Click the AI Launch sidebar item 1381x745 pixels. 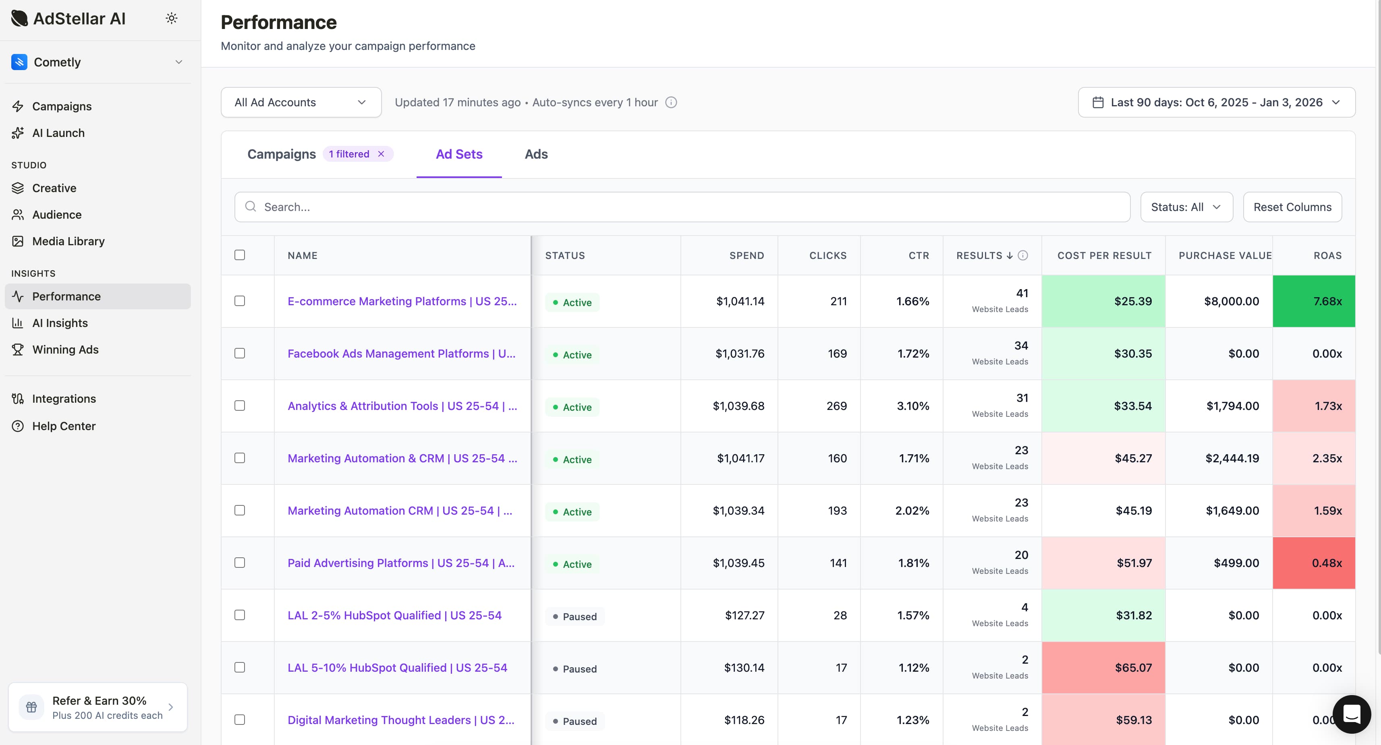pos(58,133)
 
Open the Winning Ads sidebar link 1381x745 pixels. pos(65,350)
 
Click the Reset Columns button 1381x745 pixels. pos(1292,207)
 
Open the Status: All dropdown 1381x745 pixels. pos(1186,207)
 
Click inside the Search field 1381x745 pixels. pos(681,207)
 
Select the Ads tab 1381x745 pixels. pos(535,154)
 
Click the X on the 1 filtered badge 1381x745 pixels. pos(381,154)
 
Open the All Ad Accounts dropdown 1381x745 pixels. pos(301,102)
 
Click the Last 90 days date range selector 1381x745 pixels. pos(1216,102)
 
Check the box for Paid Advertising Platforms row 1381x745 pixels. pos(240,563)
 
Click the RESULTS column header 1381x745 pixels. pos(979,256)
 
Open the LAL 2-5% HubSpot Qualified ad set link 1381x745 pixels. pos(394,615)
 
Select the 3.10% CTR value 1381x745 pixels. pos(912,406)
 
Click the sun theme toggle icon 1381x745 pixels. pos(172,18)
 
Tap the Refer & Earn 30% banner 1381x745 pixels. pos(98,707)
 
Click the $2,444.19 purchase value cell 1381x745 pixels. pos(1232,459)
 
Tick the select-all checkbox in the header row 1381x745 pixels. pos(240,255)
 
